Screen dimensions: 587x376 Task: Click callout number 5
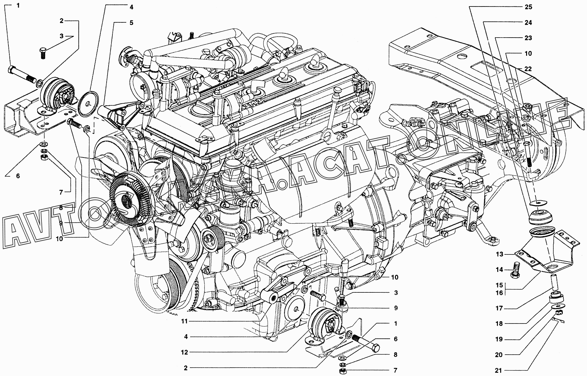tap(132, 23)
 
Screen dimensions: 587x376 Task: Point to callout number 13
tap(499, 254)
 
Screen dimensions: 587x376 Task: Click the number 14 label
tap(499, 270)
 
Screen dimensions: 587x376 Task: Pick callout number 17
tap(499, 308)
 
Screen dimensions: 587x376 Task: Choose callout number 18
tap(499, 323)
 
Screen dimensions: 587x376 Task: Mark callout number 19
tap(499, 339)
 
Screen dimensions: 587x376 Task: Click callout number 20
tap(499, 355)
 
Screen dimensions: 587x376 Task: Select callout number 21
tap(499, 370)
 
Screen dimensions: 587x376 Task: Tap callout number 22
tap(528, 69)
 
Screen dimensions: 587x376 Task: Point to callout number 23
tap(528, 38)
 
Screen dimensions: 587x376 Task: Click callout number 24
tap(528, 23)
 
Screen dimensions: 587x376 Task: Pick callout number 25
tap(528, 7)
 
